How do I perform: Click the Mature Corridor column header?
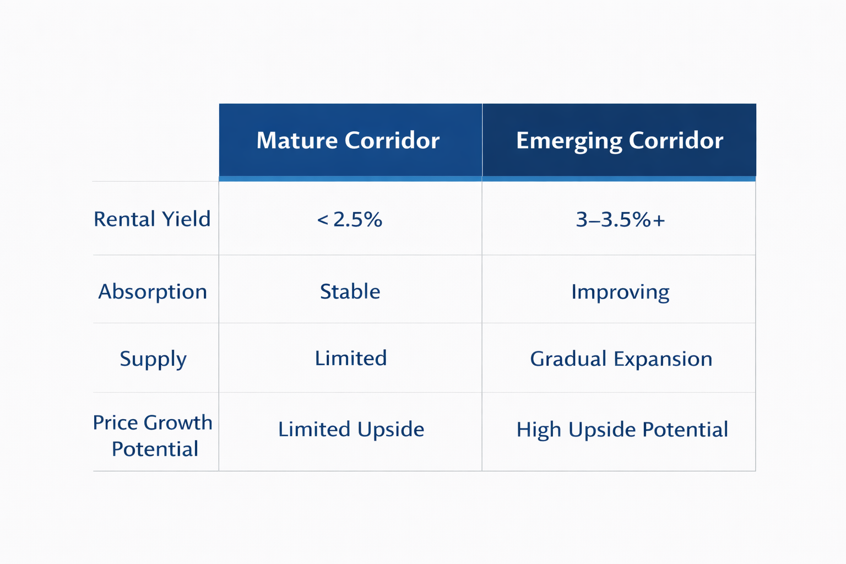click(x=348, y=140)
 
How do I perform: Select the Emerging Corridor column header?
click(x=619, y=140)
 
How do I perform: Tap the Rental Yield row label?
click(x=152, y=219)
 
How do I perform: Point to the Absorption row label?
click(x=153, y=291)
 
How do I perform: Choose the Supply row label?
click(x=153, y=359)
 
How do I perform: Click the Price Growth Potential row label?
click(x=153, y=435)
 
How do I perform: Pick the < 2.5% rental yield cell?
click(x=350, y=220)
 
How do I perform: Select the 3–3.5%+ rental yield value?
click(x=620, y=220)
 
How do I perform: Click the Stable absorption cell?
click(x=350, y=291)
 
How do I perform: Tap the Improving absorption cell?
click(x=620, y=291)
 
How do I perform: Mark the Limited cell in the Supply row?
click(x=350, y=359)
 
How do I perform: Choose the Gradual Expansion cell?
click(x=621, y=359)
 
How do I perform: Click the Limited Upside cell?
click(x=351, y=429)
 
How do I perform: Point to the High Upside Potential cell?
click(x=622, y=430)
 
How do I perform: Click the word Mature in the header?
click(x=297, y=140)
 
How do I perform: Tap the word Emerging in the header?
click(x=568, y=141)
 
